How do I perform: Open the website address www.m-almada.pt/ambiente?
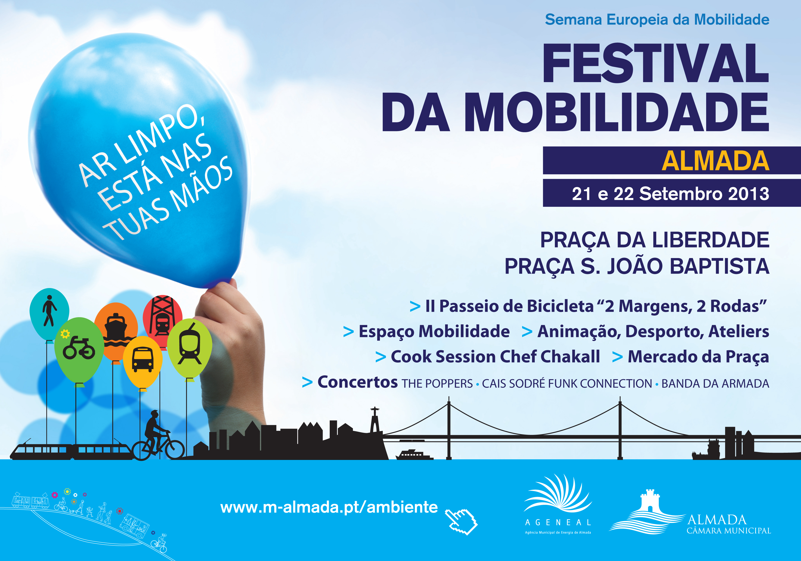coord(329,507)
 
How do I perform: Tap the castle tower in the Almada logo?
coord(650,501)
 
